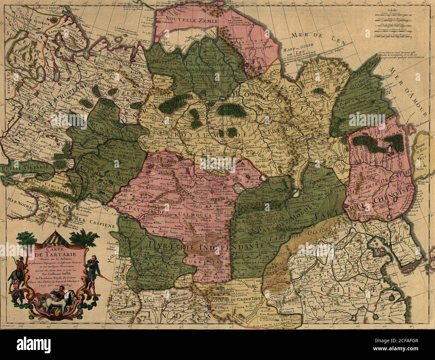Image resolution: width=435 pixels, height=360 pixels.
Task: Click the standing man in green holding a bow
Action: click(x=91, y=266)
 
